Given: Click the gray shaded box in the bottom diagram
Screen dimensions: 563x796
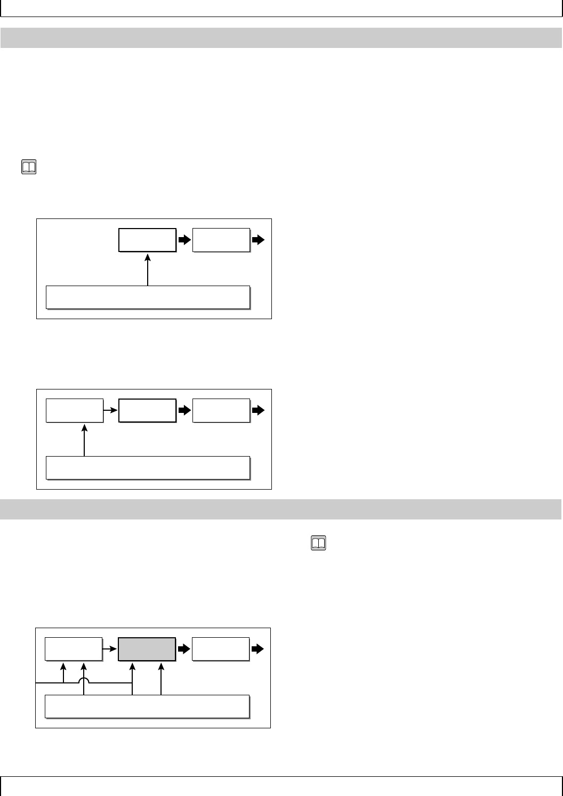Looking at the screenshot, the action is tap(147, 649).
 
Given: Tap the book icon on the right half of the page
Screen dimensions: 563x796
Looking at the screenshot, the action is tap(318, 543).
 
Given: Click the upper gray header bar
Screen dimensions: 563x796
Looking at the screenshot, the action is tap(281, 38).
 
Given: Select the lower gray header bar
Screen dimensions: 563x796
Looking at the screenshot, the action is tap(281, 509).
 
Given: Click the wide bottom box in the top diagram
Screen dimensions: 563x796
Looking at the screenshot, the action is tap(148, 297).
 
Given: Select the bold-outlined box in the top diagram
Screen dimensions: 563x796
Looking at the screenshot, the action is tap(147, 240).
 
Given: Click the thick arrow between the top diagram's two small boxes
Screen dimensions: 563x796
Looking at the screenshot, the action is tap(184, 240).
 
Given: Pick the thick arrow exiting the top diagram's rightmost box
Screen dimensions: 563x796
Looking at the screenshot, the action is tap(258, 240).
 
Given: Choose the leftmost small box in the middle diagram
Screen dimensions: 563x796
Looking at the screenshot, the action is tap(75, 410).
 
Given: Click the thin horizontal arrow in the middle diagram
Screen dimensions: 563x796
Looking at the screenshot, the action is tap(110, 410).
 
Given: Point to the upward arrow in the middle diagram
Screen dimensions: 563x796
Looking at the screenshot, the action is tap(84, 440).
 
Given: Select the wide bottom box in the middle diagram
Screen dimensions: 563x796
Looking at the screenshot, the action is tap(148, 468).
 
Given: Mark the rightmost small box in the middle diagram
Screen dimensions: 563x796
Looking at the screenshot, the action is tap(221, 410).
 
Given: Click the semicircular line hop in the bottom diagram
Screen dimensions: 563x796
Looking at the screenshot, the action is tap(84, 680).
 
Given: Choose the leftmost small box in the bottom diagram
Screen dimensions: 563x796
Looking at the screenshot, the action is tap(74, 649).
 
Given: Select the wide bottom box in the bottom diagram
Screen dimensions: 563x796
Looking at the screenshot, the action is tap(147, 706).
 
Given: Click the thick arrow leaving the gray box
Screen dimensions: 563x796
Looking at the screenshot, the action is tap(184, 649).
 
